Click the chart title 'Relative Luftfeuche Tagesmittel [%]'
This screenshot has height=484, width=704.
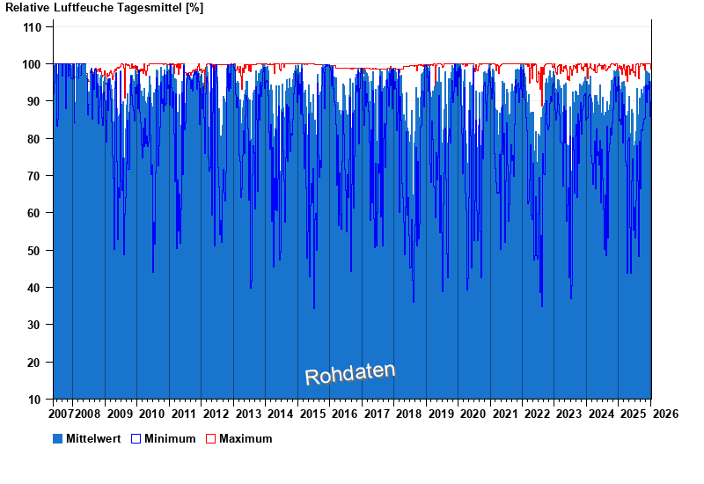point(104,8)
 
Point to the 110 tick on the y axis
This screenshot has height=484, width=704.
point(32,27)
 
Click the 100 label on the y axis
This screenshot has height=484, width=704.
point(32,64)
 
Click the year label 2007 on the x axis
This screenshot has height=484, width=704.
point(62,414)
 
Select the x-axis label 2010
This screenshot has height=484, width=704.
point(151,414)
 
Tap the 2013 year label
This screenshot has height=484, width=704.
point(248,414)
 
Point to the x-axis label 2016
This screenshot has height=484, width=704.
point(344,414)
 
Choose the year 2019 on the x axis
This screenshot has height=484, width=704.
point(441,414)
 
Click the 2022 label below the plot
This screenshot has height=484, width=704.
point(537,414)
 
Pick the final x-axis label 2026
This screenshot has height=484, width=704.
point(665,414)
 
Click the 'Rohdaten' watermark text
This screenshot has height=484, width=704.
point(350,374)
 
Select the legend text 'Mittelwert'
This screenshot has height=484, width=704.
point(93,438)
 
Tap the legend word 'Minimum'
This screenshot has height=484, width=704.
point(170,438)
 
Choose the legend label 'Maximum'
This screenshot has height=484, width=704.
point(246,438)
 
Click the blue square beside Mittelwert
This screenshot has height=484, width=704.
point(58,438)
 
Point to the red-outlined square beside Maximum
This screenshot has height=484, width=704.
point(210,438)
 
